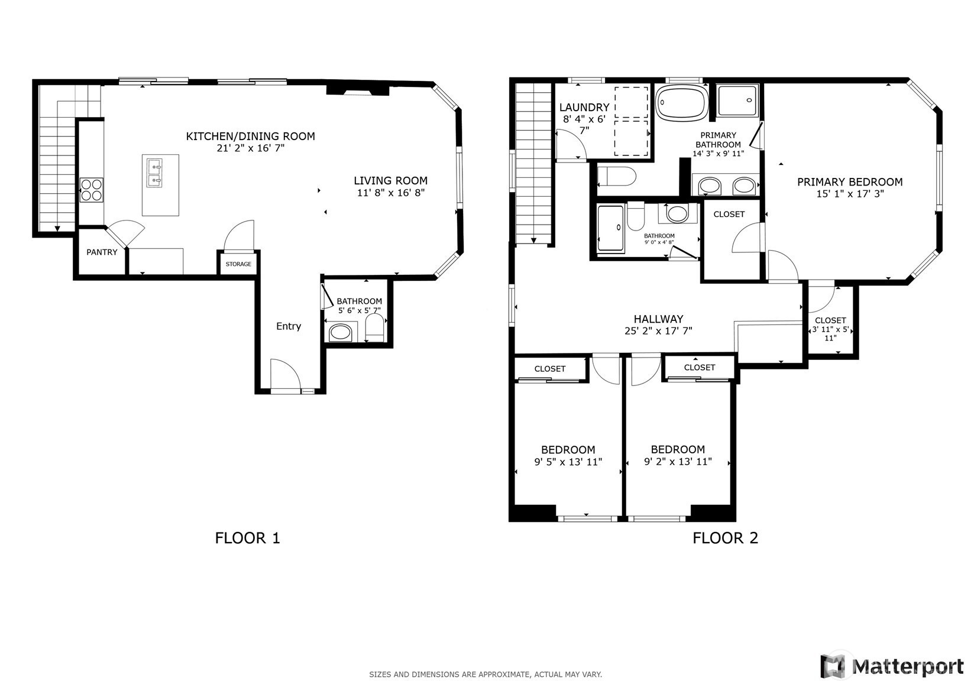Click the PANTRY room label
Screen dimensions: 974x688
(x=102, y=252)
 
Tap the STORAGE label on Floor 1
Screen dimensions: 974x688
(x=238, y=264)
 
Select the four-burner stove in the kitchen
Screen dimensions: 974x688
(x=91, y=190)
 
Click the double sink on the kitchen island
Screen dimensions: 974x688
(x=154, y=173)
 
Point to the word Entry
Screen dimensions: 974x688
(x=288, y=326)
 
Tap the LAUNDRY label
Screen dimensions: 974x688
(x=584, y=107)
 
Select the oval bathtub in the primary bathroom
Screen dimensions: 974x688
(x=681, y=102)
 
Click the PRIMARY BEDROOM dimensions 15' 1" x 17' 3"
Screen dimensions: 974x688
(x=850, y=194)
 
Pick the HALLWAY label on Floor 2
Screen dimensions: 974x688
(x=658, y=319)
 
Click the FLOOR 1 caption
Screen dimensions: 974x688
(x=247, y=538)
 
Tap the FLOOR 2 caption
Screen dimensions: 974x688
(x=725, y=538)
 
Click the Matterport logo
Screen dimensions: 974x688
(x=892, y=666)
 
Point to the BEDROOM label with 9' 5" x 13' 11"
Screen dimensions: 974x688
(x=568, y=449)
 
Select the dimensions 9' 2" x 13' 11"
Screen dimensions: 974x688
(x=678, y=461)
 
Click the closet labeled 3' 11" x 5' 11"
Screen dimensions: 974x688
(x=830, y=320)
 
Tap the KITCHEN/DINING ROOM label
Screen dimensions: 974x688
(x=251, y=136)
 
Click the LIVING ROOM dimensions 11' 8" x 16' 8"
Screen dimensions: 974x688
(x=391, y=193)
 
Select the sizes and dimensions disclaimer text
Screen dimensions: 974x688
(x=486, y=674)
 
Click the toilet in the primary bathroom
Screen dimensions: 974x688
(x=617, y=177)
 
